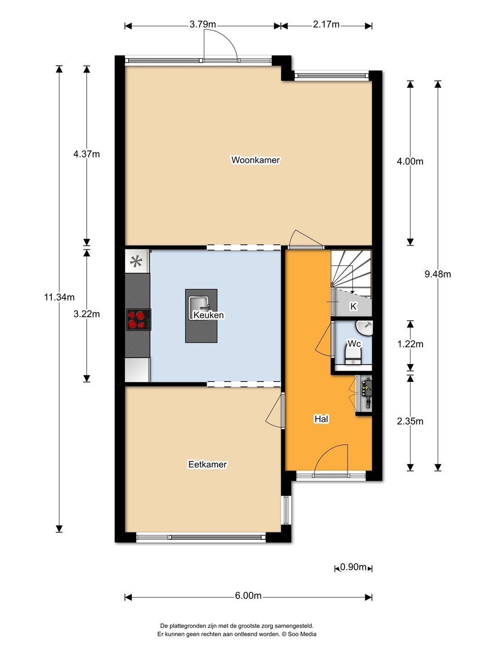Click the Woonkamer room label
point(255,160)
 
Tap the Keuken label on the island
point(209,315)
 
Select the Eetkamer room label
point(208,464)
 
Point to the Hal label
point(321,419)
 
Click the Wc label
point(354,344)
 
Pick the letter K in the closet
point(353,307)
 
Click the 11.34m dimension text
point(59,297)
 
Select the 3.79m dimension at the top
point(203,24)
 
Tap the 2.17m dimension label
point(326,24)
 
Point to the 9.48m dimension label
point(438,274)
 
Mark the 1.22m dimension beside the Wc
point(410,344)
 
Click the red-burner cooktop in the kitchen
point(139,320)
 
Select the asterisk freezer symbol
point(136,261)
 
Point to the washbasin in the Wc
point(364,328)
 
